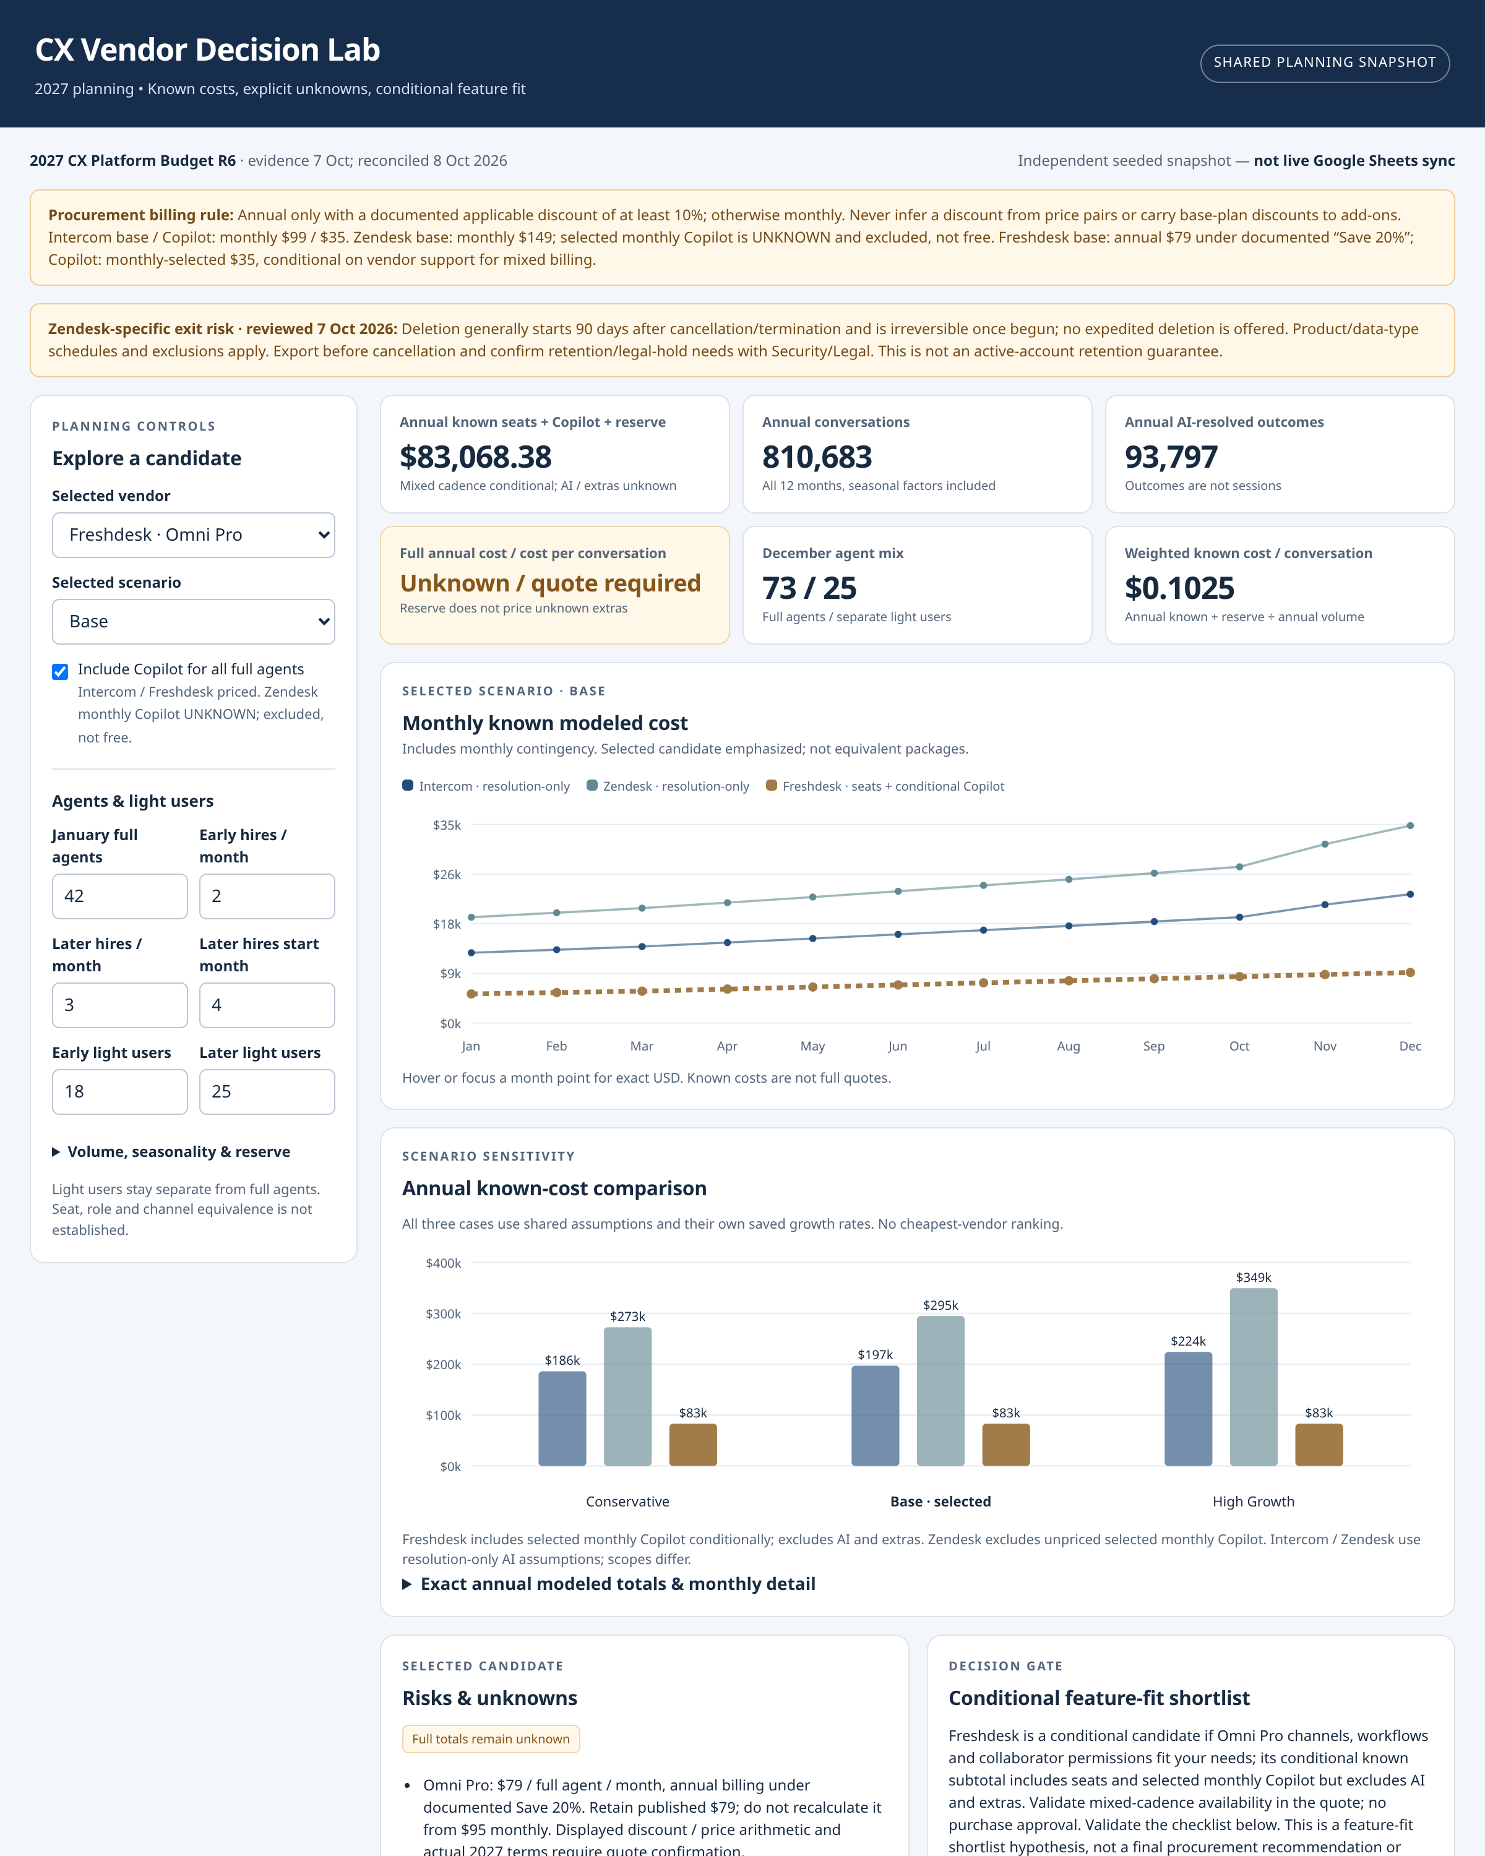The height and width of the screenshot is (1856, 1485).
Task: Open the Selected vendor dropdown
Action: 193,535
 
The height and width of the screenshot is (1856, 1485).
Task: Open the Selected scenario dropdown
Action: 193,622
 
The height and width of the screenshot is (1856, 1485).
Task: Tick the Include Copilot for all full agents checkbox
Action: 60,671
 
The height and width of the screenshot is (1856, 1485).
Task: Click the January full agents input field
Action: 119,896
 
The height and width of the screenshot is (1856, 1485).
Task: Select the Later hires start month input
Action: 267,1005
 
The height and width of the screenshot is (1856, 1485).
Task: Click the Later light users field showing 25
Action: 267,1091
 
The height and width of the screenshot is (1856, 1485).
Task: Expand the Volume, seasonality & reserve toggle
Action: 171,1152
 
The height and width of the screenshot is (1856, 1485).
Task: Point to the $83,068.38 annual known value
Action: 475,457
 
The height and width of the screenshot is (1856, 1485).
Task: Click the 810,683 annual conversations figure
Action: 817,457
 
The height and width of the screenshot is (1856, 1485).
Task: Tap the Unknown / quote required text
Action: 550,583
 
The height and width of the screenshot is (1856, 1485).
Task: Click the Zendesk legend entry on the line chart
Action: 668,786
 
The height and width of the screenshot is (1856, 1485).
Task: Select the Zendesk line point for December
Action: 1410,825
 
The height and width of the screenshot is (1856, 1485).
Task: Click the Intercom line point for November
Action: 1325,904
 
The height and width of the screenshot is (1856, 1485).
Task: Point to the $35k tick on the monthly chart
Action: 447,825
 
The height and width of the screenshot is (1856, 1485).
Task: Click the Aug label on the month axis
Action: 1069,1046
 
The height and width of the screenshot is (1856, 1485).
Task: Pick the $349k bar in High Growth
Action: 1254,1377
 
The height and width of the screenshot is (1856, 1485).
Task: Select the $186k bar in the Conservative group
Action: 562,1419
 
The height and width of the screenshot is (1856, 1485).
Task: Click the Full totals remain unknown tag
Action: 491,1739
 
